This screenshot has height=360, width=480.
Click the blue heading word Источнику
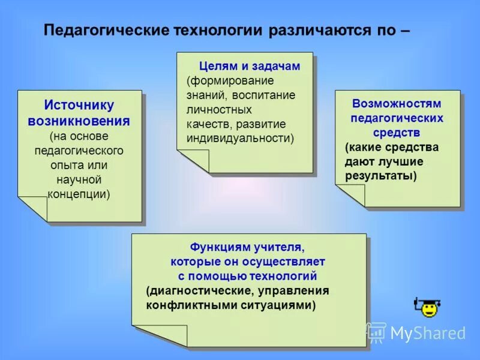point(79,106)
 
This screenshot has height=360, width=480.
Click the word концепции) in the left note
point(79,194)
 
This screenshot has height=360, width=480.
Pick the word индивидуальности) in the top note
point(241,138)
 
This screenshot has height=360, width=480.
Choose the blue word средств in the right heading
point(397,133)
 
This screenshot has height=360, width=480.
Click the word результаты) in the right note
point(380,176)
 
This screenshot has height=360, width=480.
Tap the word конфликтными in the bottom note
point(183,305)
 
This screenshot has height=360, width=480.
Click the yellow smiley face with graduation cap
point(427,308)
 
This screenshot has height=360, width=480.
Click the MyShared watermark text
point(427,333)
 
